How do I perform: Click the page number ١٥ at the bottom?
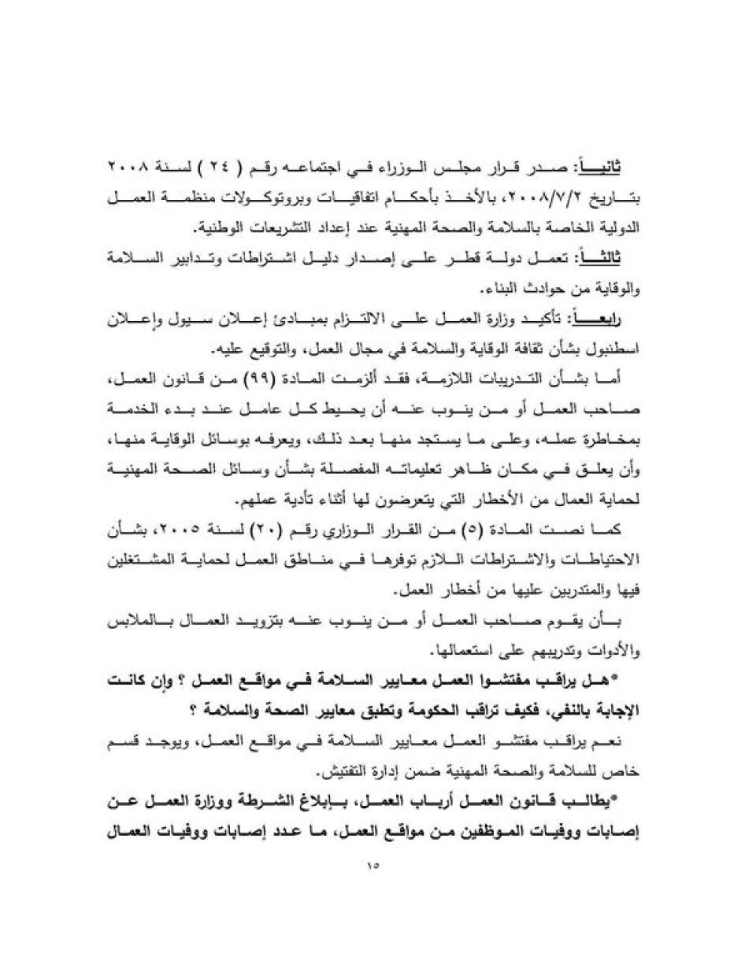coord(372,865)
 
